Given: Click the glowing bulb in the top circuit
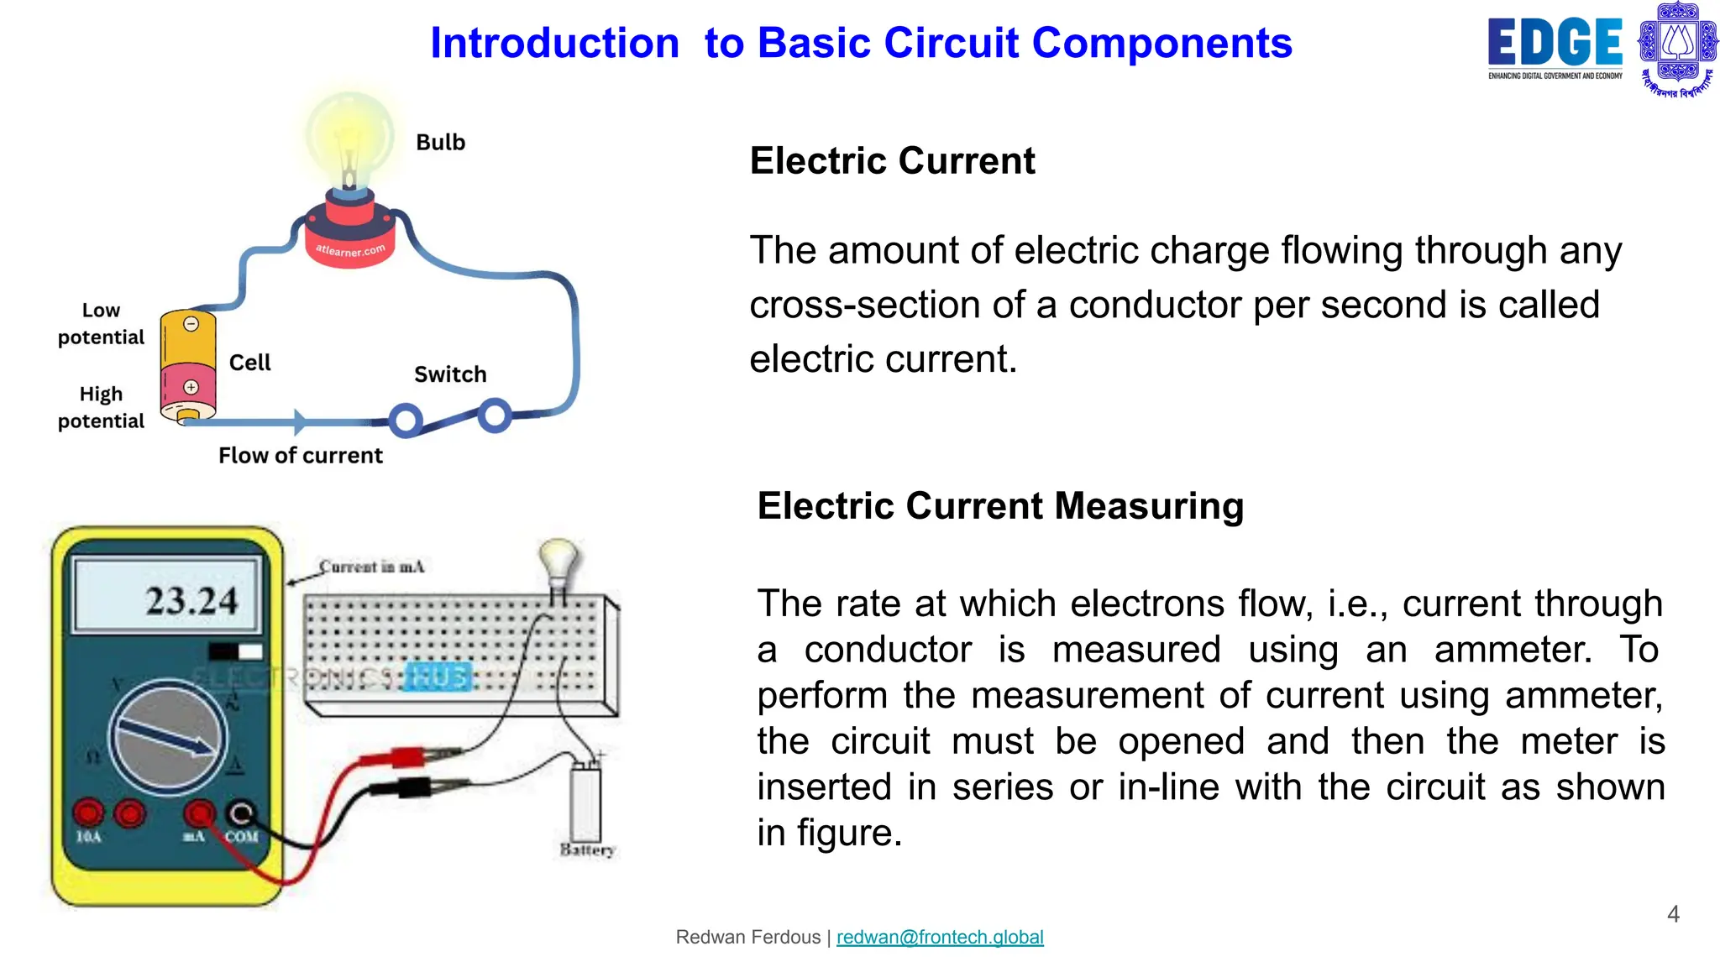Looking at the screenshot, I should coord(349,139).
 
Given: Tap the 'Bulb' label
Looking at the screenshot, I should coord(440,143).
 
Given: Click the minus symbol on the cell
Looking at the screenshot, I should coord(191,324).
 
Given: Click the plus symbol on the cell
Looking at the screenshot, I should coord(191,387).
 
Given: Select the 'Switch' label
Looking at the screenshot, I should coord(450,374).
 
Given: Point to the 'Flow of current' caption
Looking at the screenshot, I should coord(300,456).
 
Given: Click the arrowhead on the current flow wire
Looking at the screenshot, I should coord(300,421).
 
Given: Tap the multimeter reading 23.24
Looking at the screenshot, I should coord(191,601).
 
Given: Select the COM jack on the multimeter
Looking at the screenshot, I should coord(241,813).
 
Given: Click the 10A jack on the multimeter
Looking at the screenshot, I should coord(88,813).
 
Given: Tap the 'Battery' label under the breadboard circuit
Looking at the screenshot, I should coord(587,849).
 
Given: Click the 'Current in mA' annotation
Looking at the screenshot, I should coord(372,567).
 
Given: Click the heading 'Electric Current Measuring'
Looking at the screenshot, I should coord(999,506).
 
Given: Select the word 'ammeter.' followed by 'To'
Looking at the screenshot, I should coord(1513,650).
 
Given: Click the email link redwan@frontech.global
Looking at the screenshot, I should coord(940,937).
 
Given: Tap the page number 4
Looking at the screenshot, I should coord(1673,914).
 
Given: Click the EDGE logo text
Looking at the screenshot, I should coord(1554,42).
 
